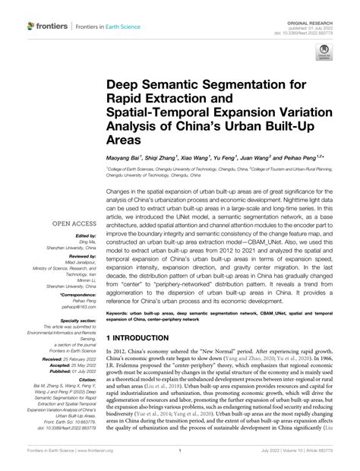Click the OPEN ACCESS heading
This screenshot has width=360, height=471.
point(72,224)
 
